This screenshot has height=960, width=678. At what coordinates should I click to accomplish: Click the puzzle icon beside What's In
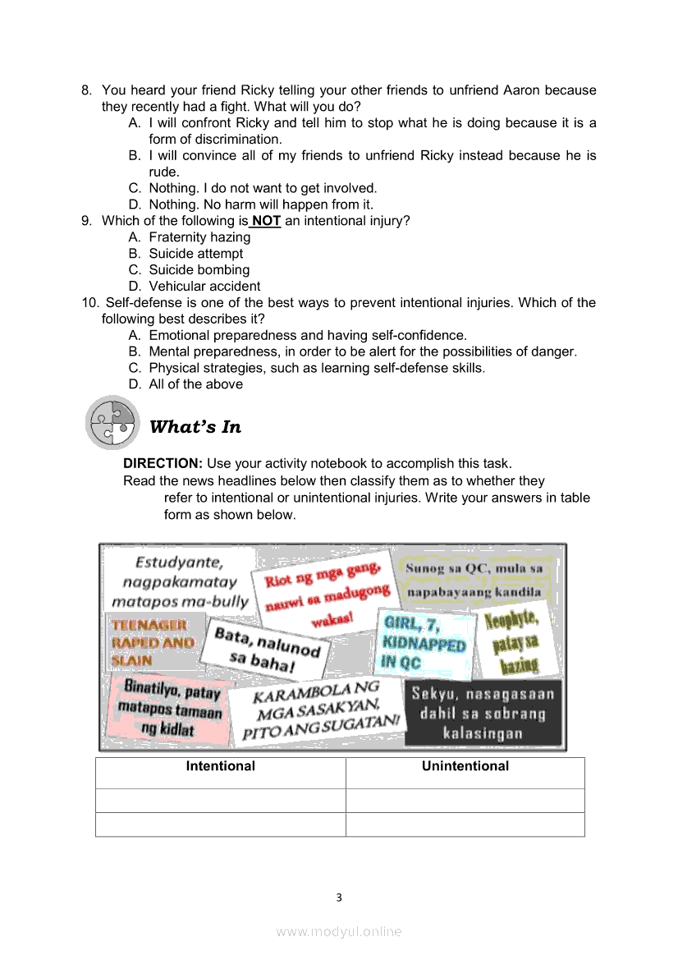pos(112,422)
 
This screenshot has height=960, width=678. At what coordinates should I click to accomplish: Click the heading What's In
pos(195,427)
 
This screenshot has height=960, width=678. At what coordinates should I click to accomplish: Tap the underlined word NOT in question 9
pos(266,221)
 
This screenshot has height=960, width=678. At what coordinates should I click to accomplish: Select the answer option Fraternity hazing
pos(199,237)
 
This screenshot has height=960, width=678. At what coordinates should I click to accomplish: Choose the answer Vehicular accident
pos(204,287)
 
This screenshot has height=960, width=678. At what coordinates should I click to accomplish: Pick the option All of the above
pos(195,384)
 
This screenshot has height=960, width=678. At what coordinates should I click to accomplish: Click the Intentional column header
pos(220,766)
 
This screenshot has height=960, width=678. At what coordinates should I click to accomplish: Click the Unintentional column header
pos(465,766)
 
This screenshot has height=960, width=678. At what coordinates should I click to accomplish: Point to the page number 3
pos(339,898)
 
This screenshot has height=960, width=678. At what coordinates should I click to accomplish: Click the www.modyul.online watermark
pos(339,931)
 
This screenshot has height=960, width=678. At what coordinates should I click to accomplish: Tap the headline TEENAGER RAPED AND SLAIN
pos(153,642)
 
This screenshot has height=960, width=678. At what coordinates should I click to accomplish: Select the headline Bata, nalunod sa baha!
pos(266,649)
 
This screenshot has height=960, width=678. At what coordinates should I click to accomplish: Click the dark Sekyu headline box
pos(483,713)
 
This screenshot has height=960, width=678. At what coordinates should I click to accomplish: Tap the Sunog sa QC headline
pos(474,579)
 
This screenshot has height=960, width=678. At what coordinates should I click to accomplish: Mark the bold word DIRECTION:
pos(163,464)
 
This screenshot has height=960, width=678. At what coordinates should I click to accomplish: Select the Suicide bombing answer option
pos(199,270)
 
